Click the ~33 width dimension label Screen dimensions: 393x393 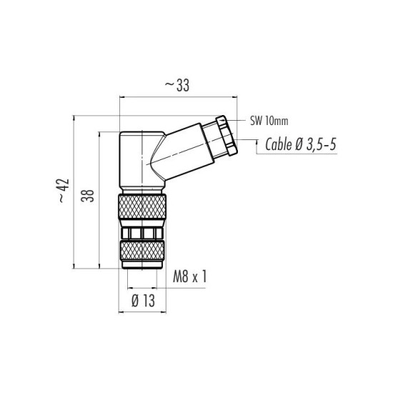click(x=177, y=86)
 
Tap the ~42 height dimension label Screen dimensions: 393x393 click(x=64, y=191)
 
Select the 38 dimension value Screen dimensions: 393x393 click(x=87, y=196)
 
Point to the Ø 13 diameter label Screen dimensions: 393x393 click(x=143, y=301)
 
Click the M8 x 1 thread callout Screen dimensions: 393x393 click(x=190, y=277)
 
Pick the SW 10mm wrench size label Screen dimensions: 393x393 click(x=269, y=121)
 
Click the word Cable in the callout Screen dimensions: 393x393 click(x=279, y=144)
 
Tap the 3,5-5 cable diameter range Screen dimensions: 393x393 click(x=322, y=144)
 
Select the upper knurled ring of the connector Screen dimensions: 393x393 click(x=142, y=207)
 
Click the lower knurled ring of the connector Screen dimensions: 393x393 click(x=142, y=251)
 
